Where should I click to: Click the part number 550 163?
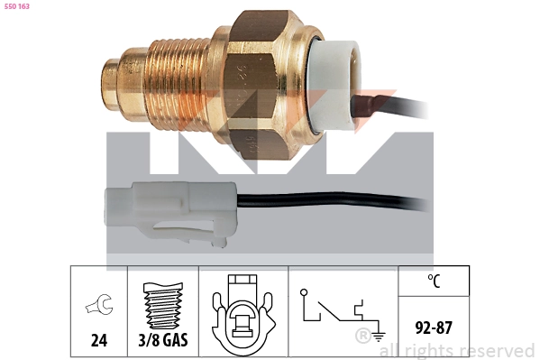tap(16, 6)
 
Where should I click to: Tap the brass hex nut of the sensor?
tap(259, 86)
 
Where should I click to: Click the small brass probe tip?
tap(110, 85)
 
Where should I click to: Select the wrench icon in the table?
tap(99, 304)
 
